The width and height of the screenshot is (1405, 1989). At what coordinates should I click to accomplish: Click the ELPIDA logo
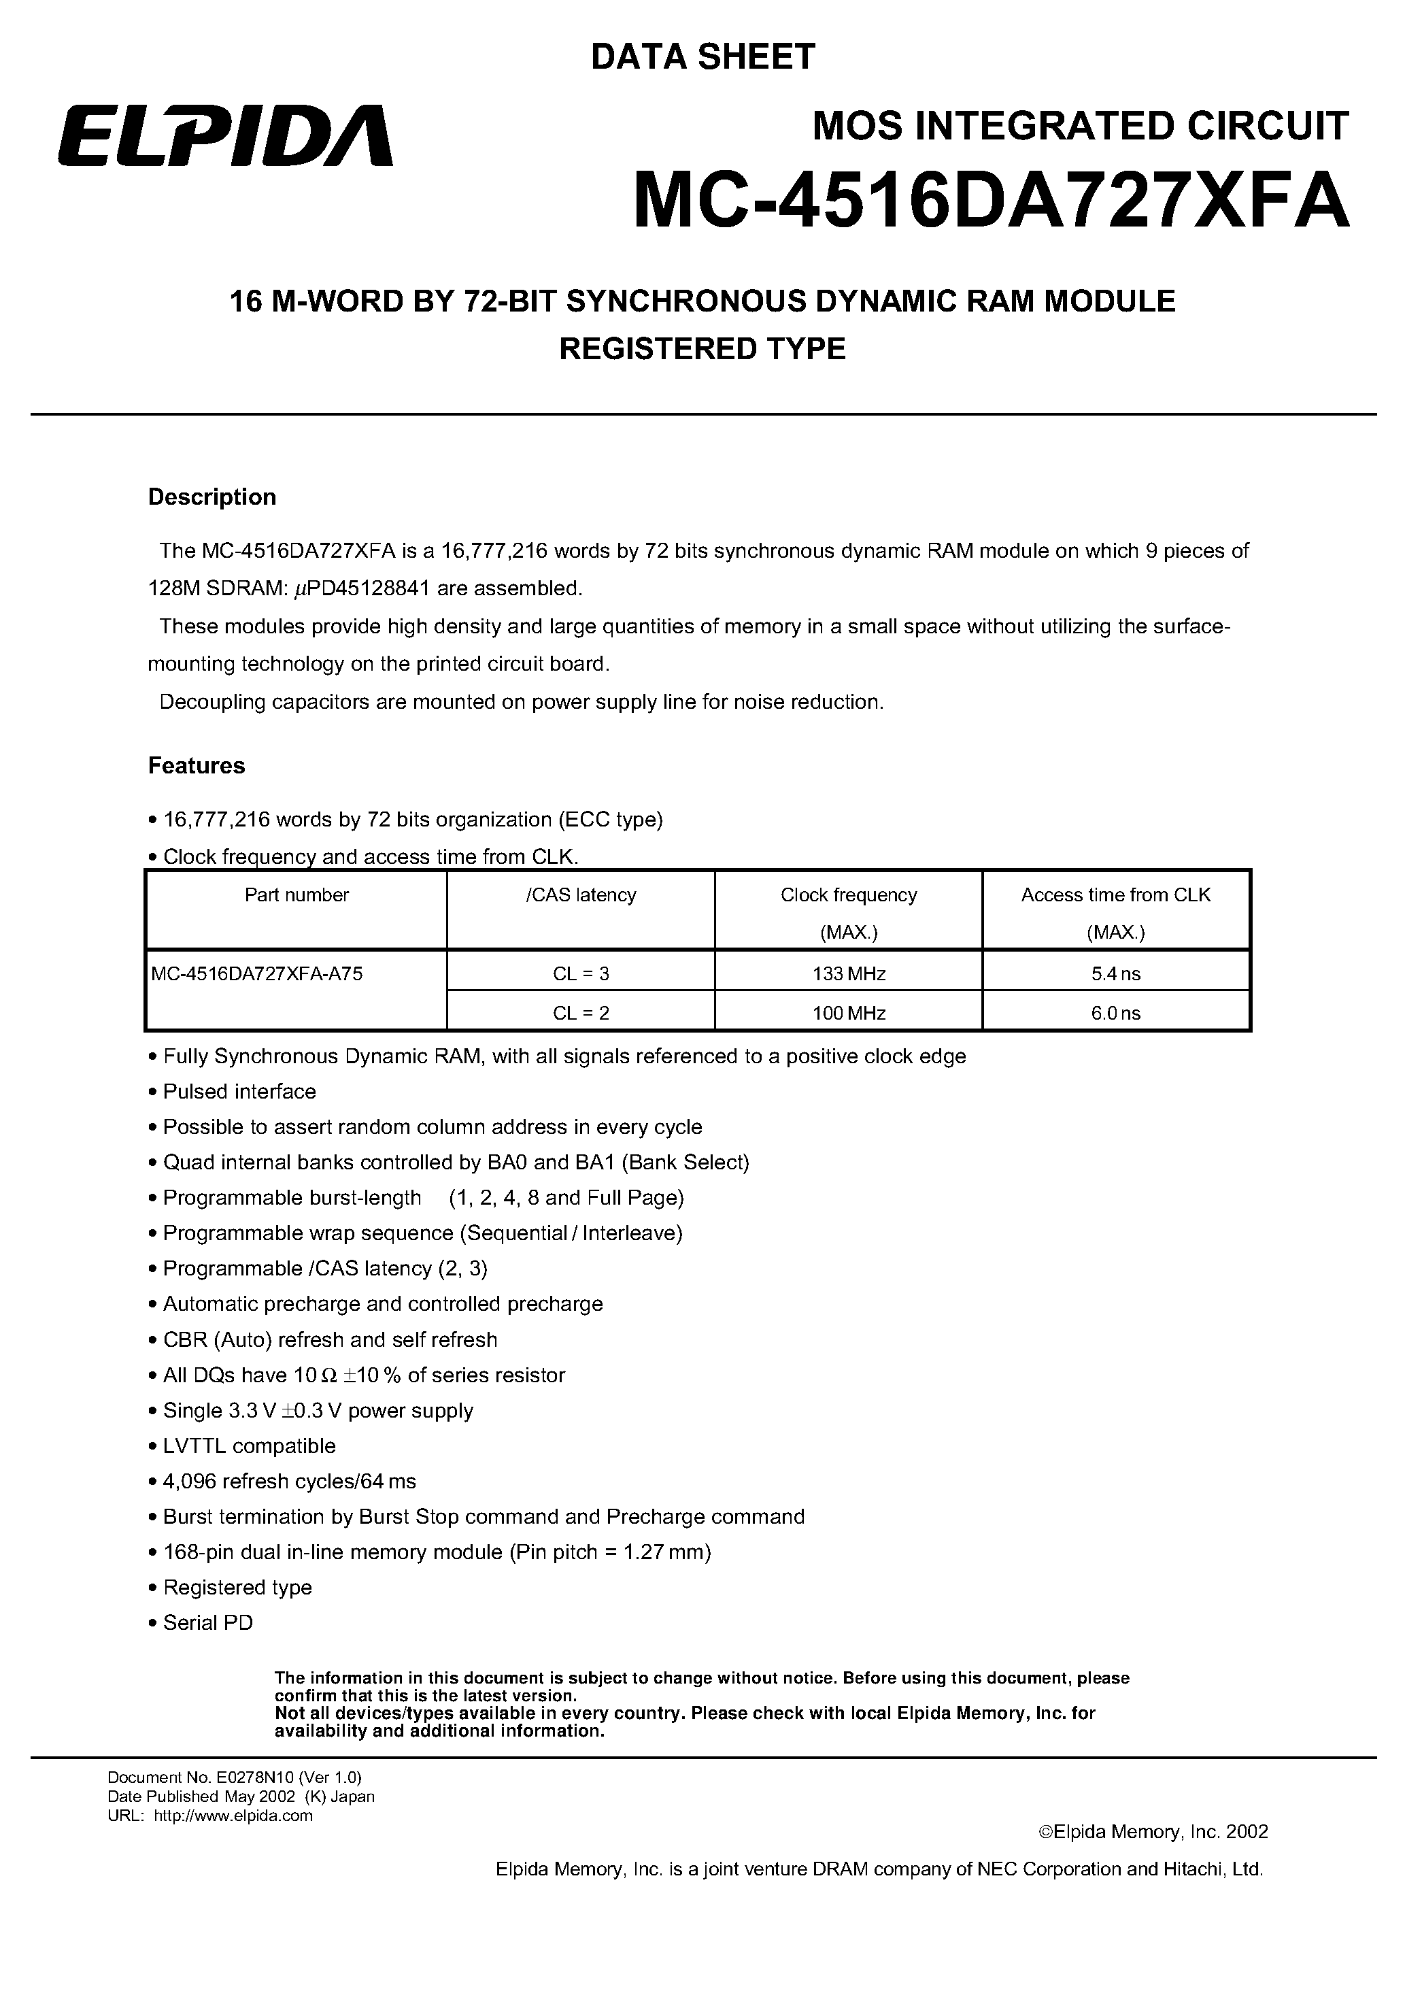click(x=225, y=136)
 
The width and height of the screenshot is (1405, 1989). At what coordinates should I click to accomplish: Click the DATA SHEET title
click(x=702, y=57)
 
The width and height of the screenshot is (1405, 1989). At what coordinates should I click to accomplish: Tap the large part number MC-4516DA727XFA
click(x=991, y=200)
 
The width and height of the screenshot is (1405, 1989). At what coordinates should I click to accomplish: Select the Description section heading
click(x=212, y=497)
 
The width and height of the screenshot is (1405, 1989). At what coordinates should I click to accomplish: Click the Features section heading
click(x=197, y=766)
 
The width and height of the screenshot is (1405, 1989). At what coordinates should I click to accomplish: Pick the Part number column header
click(x=297, y=895)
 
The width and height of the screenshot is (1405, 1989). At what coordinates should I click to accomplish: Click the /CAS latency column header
click(x=580, y=895)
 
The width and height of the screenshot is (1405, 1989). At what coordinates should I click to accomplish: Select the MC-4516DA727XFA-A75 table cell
click(x=257, y=973)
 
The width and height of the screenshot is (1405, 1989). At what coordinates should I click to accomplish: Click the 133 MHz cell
click(x=849, y=973)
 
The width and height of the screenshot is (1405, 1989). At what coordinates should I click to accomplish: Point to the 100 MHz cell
click(x=849, y=1013)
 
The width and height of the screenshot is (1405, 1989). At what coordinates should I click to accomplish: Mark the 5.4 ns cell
click(x=1116, y=973)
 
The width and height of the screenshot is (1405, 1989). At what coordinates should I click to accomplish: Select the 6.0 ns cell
click(x=1116, y=1013)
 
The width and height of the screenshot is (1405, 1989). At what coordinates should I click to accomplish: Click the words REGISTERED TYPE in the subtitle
click(x=702, y=348)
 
